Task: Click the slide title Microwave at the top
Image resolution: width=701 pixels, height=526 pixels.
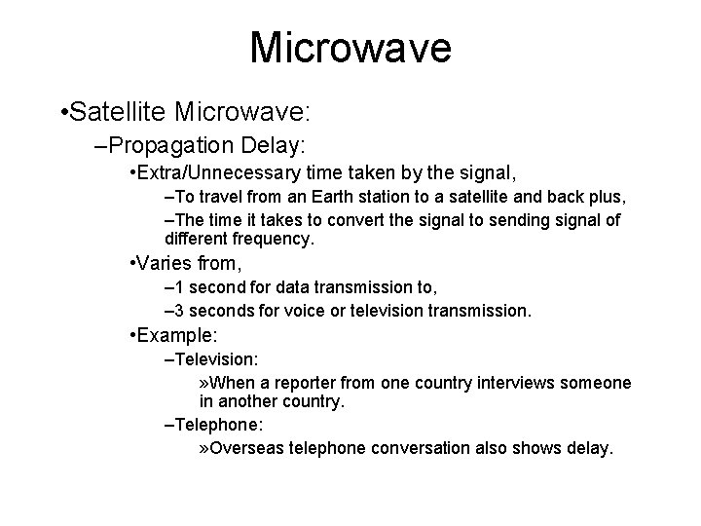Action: point(350,48)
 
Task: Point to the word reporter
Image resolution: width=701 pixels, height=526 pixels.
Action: point(295,382)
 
